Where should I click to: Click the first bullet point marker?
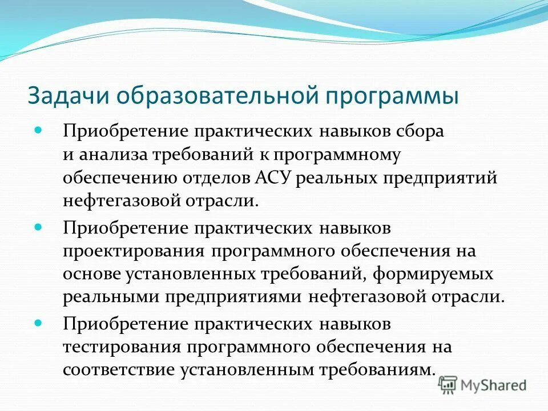click(39, 130)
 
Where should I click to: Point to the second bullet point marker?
click(39, 227)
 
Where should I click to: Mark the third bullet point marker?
click(39, 323)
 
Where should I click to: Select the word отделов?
click(212, 178)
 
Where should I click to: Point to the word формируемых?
click(433, 274)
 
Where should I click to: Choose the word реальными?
click(111, 298)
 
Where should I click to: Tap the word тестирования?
click(122, 347)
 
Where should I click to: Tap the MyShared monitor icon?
click(449, 385)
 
